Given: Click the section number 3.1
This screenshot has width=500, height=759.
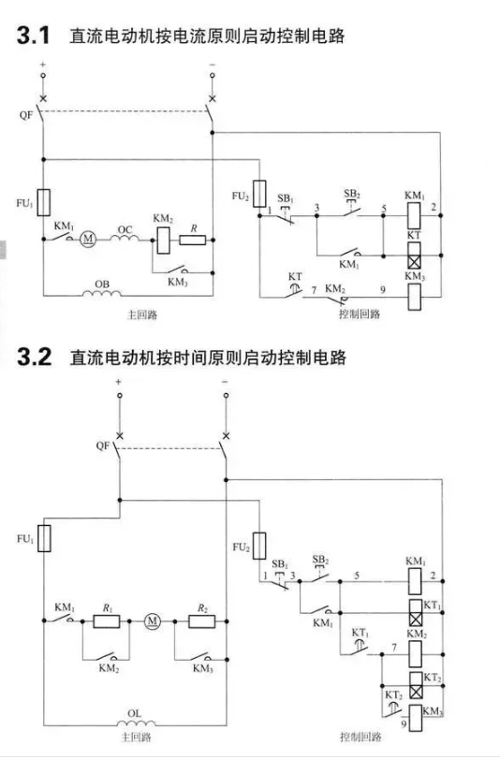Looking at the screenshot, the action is coord(34,36).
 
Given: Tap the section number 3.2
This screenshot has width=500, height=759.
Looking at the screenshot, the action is coord(35,358).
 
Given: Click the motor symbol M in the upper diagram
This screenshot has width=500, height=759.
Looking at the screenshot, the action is coord(88,239).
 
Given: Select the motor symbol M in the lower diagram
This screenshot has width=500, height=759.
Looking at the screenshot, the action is coord(152,620).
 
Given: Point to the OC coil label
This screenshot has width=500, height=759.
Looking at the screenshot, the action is coord(125,229).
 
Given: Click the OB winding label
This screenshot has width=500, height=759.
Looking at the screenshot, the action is coord(102,285).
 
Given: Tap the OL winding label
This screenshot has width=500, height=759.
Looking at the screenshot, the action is coord(134,713).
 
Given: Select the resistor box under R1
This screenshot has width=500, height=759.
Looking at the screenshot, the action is coord(107,621).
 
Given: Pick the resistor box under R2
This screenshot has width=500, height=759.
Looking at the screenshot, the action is coord(202,621).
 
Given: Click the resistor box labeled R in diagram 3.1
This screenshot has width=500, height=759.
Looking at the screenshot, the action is coord(193,240).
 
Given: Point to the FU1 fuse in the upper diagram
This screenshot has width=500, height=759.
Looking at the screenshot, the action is coord(44,202).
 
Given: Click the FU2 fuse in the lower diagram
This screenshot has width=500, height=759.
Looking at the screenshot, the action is coord(259,546).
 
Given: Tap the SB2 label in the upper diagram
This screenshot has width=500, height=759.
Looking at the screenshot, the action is coord(352,194).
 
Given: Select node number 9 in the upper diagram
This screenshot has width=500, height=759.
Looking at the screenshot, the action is coord(383,290).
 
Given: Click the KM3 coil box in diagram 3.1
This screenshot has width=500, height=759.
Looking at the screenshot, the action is coord(414,297).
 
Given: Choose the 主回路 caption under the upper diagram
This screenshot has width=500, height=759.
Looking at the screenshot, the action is coord(142,314).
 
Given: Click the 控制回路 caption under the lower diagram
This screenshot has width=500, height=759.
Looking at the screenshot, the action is coord(360,737).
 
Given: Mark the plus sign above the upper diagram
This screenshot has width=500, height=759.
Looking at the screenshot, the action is coord(43,65).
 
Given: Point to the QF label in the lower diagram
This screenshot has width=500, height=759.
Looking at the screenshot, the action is coord(103,445).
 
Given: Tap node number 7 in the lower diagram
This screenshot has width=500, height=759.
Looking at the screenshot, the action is coord(394,648).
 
